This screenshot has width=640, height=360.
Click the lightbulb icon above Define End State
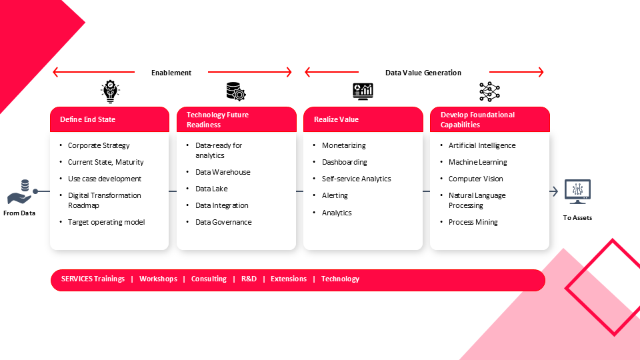(110, 91)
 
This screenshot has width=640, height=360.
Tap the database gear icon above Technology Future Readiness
(236, 91)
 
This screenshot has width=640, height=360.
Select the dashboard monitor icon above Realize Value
(363, 91)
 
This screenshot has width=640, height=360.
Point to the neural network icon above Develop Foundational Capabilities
(489, 91)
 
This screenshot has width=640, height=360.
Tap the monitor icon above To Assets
(577, 191)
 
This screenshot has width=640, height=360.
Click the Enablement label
(171, 73)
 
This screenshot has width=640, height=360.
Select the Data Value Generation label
(423, 73)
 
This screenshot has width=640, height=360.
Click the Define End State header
(88, 119)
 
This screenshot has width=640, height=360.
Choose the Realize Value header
(336, 119)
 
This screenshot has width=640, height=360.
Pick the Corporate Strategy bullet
(99, 146)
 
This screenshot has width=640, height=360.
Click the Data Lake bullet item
(211, 189)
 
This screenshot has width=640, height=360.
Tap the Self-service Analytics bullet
(356, 179)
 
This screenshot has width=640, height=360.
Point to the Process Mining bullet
(473, 223)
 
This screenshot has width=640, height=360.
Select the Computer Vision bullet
(475, 179)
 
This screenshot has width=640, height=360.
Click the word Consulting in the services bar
(209, 279)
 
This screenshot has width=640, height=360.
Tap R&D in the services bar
(249, 279)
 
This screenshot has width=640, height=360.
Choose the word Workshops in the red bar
(159, 279)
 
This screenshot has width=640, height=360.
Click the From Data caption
(19, 213)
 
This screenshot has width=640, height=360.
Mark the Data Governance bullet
(223, 223)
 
